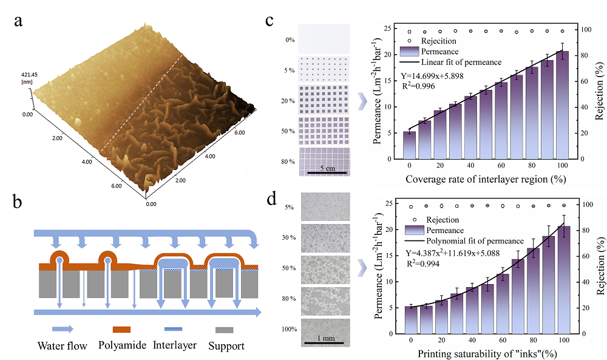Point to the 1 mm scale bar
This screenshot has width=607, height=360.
pyautogui.click(x=323, y=342)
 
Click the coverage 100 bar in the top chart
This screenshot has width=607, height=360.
pyautogui.click(x=563, y=104)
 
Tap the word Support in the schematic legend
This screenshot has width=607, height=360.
pyautogui.click(x=226, y=346)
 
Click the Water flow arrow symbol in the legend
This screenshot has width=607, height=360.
pyautogui.click(x=63, y=329)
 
